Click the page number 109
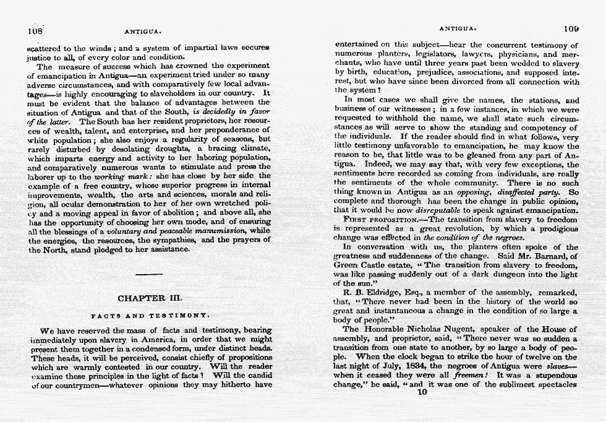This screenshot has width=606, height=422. point(571,28)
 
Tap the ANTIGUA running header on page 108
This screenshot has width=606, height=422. point(143,30)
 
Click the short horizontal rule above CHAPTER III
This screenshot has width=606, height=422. point(149,273)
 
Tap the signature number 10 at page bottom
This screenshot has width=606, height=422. point(423,391)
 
